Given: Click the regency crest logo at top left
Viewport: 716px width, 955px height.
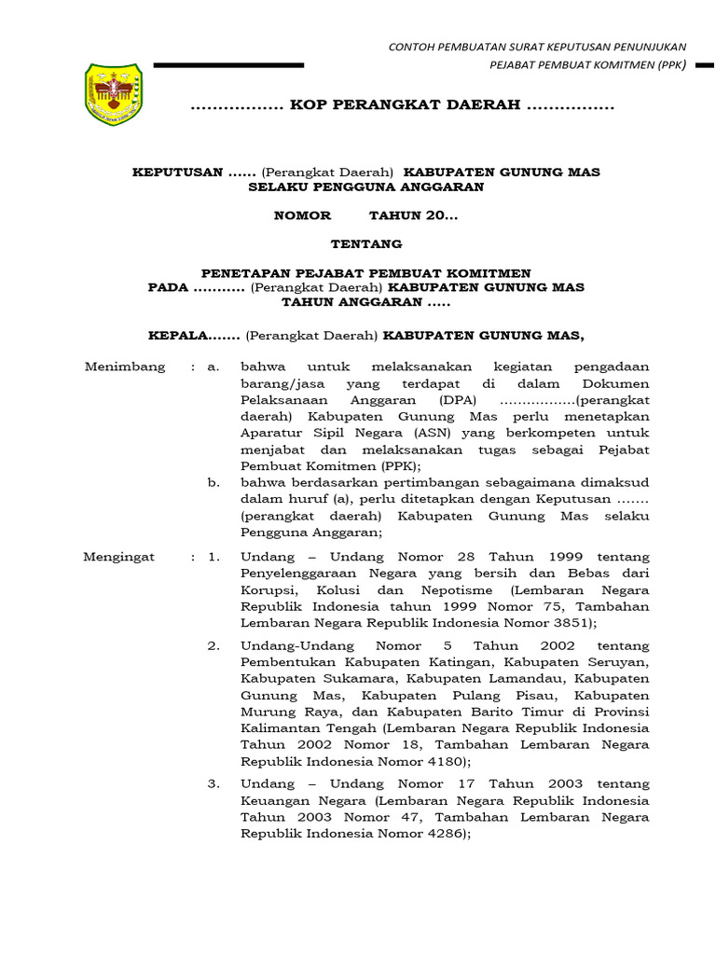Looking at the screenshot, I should coord(113,94).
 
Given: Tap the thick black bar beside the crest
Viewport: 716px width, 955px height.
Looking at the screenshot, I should coord(228,65).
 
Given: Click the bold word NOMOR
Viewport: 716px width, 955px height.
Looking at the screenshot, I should coord(302,215).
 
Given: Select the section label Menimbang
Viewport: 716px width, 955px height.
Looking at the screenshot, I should coord(125,367).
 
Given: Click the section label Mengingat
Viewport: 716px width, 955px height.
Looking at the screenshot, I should coord(119,557).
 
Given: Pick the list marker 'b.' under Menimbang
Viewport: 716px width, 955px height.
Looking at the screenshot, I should coord(213,483).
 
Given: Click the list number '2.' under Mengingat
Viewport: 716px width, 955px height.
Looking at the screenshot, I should coord(213,645).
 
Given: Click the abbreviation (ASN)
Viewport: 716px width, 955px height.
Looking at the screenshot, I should coord(401,433).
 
